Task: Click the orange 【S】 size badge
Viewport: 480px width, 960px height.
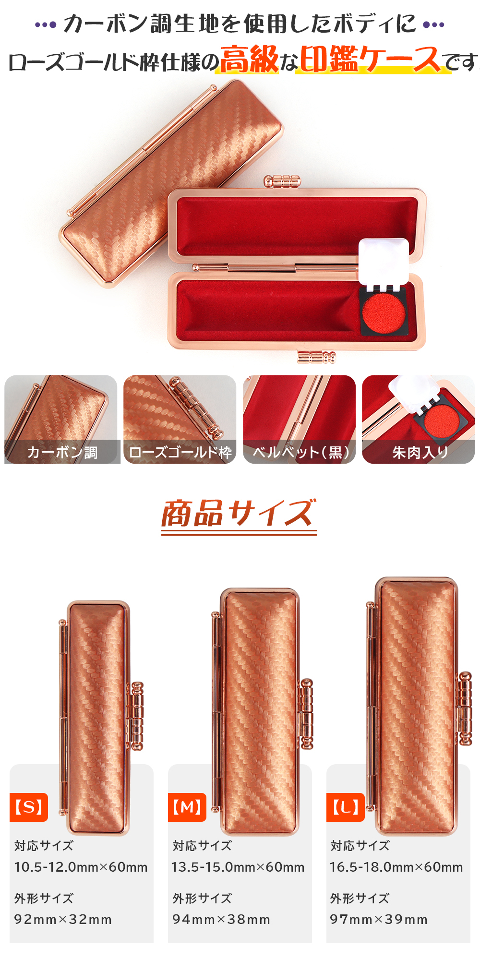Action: [29, 807]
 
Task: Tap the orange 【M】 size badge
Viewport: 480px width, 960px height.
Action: [187, 807]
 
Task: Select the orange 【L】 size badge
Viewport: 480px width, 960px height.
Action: [346, 807]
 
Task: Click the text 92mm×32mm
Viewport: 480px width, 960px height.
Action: [63, 919]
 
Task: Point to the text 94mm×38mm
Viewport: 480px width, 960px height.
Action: [221, 919]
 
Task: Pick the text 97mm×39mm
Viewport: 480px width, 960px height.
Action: [379, 919]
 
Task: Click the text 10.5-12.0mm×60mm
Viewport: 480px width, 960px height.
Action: [81, 867]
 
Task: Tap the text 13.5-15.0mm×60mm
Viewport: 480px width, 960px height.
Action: [238, 867]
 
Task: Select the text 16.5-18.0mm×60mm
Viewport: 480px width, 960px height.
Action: [396, 867]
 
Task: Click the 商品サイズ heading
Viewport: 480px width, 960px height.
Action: [239, 514]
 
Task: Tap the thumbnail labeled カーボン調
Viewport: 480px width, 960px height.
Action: [61, 420]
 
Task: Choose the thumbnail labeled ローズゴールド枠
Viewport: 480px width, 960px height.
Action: [180, 420]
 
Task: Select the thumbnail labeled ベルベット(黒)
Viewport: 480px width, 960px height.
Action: [299, 420]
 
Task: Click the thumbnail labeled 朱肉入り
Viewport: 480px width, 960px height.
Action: [418, 420]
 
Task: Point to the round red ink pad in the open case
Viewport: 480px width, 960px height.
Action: [384, 312]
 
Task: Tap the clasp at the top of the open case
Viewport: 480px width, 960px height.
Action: [282, 182]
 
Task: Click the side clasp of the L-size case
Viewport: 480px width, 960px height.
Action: [465, 708]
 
